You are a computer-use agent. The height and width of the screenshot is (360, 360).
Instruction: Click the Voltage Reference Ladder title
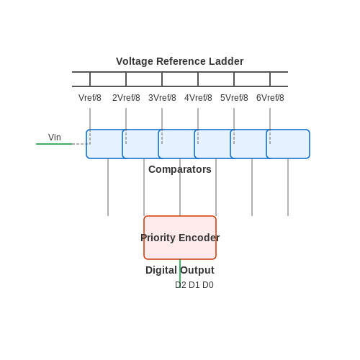point(180,61)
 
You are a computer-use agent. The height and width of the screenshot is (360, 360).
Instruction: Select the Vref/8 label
point(90,98)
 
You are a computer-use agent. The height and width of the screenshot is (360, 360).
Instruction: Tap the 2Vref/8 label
point(126,98)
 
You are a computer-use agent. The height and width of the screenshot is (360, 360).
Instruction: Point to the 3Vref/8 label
point(162,98)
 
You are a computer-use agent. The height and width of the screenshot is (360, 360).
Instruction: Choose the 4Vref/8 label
point(198,98)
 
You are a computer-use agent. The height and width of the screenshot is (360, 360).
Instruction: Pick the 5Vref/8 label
point(234,98)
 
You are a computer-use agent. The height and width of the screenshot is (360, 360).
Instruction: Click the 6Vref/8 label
point(270,98)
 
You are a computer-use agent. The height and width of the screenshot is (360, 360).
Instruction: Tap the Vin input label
point(55,138)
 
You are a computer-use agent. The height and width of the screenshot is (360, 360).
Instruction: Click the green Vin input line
point(54,144)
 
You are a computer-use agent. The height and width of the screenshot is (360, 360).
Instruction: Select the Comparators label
point(180,169)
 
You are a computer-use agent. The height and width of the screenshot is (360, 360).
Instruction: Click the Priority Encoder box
point(180,238)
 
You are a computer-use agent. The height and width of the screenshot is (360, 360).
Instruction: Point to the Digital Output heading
point(180,270)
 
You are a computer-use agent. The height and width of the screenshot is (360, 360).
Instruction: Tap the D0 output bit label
point(208,285)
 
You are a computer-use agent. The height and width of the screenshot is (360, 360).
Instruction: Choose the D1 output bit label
point(194,285)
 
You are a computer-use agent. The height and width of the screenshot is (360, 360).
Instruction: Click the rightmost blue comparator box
point(288,144)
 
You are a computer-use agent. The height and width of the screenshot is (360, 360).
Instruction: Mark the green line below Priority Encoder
point(180,274)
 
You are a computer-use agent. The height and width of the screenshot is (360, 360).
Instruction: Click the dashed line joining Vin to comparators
point(81,144)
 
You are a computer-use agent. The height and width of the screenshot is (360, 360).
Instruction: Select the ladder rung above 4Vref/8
point(198,79)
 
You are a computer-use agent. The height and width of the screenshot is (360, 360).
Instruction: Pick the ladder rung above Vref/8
point(90,79)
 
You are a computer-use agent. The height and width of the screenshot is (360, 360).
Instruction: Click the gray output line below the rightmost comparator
point(288,187)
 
